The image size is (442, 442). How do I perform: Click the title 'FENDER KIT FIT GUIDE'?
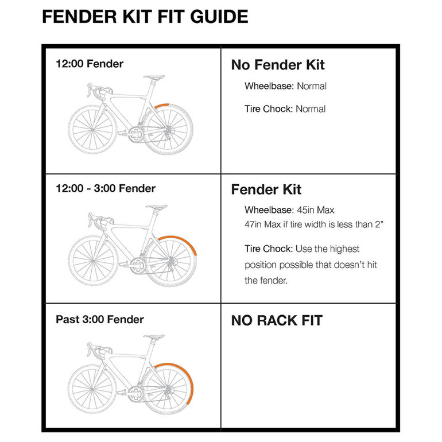pos(145,17)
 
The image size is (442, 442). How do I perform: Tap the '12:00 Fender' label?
pos(89,64)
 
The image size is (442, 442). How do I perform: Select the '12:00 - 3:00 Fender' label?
pos(106,188)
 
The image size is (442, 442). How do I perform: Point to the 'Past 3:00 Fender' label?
pos(99,319)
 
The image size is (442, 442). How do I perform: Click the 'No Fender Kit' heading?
pos(278,65)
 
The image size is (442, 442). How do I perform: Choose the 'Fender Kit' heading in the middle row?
pos(266,189)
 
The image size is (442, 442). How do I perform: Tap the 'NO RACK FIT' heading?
pos(277,320)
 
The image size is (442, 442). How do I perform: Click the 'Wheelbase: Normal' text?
pos(285,86)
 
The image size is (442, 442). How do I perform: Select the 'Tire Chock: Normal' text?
pos(285,108)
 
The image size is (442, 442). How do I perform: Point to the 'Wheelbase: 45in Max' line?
pos(290,210)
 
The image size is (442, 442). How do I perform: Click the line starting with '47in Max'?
pos(313,224)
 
